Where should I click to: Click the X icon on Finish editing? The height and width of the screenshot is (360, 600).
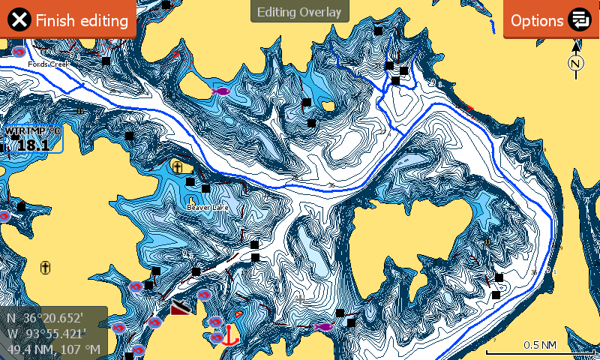(21, 20)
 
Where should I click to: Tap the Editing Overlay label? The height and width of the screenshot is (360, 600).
(299, 12)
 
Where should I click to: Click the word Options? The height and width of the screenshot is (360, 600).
(537, 20)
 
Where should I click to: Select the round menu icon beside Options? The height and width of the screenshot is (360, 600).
(579, 20)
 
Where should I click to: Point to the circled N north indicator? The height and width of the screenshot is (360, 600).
(575, 64)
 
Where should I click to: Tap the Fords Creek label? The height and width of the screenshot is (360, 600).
(48, 64)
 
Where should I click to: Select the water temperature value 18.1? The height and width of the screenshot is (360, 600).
(33, 145)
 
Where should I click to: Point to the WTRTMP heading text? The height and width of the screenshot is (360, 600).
(31, 131)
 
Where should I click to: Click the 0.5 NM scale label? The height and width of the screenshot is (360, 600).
(539, 345)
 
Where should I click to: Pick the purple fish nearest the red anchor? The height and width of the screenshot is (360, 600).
(323, 326)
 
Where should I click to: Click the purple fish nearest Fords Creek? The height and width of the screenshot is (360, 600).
(220, 90)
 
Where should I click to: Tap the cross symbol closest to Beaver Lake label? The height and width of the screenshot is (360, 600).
(177, 166)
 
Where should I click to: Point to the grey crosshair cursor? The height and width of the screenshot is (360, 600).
(301, 299)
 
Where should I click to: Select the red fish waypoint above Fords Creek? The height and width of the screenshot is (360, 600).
(19, 52)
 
